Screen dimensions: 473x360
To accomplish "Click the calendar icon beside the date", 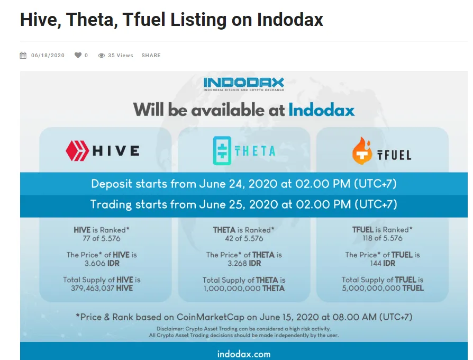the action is click(x=23, y=55).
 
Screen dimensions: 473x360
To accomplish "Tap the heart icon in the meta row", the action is click(x=78, y=55).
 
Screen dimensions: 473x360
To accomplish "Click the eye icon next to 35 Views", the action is click(x=102, y=55).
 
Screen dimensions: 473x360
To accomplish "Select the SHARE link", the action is click(x=151, y=55).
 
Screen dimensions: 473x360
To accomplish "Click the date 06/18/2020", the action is click(x=48, y=55).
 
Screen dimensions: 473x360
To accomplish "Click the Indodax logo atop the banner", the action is click(x=244, y=84).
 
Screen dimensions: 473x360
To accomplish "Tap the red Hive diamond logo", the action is click(x=77, y=150).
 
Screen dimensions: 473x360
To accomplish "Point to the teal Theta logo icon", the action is click(x=222, y=150).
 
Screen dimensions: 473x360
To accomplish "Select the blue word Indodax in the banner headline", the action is click(x=322, y=110).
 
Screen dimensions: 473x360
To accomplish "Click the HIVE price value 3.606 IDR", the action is click(x=102, y=264).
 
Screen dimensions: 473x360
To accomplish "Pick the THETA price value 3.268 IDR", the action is click(x=244, y=264).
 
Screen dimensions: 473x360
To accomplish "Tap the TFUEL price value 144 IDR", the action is click(x=383, y=264).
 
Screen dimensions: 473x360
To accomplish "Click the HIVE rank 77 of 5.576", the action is click(x=102, y=238).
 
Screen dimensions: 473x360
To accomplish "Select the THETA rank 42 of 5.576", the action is click(x=244, y=238).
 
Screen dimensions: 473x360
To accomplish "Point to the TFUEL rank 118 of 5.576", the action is click(x=383, y=238).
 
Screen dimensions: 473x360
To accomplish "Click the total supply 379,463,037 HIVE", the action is click(x=102, y=288).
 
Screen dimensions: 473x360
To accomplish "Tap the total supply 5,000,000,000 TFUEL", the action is click(x=383, y=288).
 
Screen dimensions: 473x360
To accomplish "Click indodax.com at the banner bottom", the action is click(x=244, y=354).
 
